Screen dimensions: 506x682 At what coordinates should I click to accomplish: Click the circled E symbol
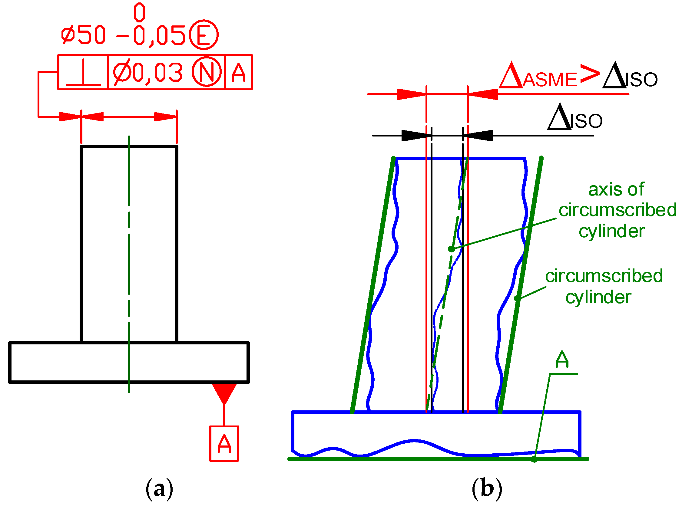[x=204, y=35]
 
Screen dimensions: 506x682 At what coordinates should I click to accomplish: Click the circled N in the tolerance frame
[x=207, y=72]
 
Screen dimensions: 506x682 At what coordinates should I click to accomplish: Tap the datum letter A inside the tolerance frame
[x=238, y=73]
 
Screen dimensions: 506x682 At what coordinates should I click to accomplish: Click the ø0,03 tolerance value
[x=148, y=73]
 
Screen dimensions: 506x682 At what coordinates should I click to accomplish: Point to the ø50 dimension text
[x=83, y=35]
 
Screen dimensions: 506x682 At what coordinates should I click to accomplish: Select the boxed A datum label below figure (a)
[x=224, y=444]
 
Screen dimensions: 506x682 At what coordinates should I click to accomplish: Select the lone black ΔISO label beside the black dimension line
[x=575, y=118]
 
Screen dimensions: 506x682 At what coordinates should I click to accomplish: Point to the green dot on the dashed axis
[x=451, y=249]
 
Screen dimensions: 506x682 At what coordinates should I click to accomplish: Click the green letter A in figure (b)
[x=562, y=360]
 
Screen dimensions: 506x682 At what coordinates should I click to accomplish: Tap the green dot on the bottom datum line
[x=534, y=459]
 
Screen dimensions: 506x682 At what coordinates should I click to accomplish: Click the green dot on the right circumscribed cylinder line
[x=517, y=298]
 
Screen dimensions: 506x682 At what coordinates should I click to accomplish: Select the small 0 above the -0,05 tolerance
[x=140, y=12]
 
